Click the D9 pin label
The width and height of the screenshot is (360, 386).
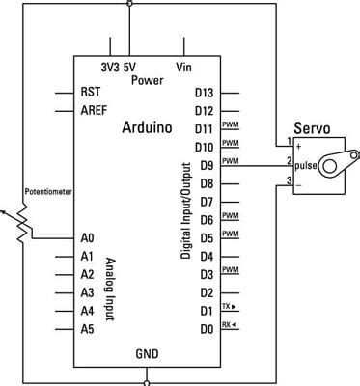click(x=205, y=164)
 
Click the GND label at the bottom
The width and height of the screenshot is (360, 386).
click(x=147, y=353)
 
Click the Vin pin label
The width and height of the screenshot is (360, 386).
click(x=183, y=67)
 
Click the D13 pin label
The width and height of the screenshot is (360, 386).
click(x=204, y=93)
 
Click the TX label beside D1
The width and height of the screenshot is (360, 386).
click(x=228, y=306)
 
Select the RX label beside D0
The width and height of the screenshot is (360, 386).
click(x=228, y=324)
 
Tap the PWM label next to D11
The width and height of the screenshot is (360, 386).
click(x=230, y=125)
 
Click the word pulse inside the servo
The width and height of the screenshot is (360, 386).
click(x=306, y=165)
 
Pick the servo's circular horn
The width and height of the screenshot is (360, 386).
click(x=330, y=166)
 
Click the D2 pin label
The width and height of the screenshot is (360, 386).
click(x=205, y=291)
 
